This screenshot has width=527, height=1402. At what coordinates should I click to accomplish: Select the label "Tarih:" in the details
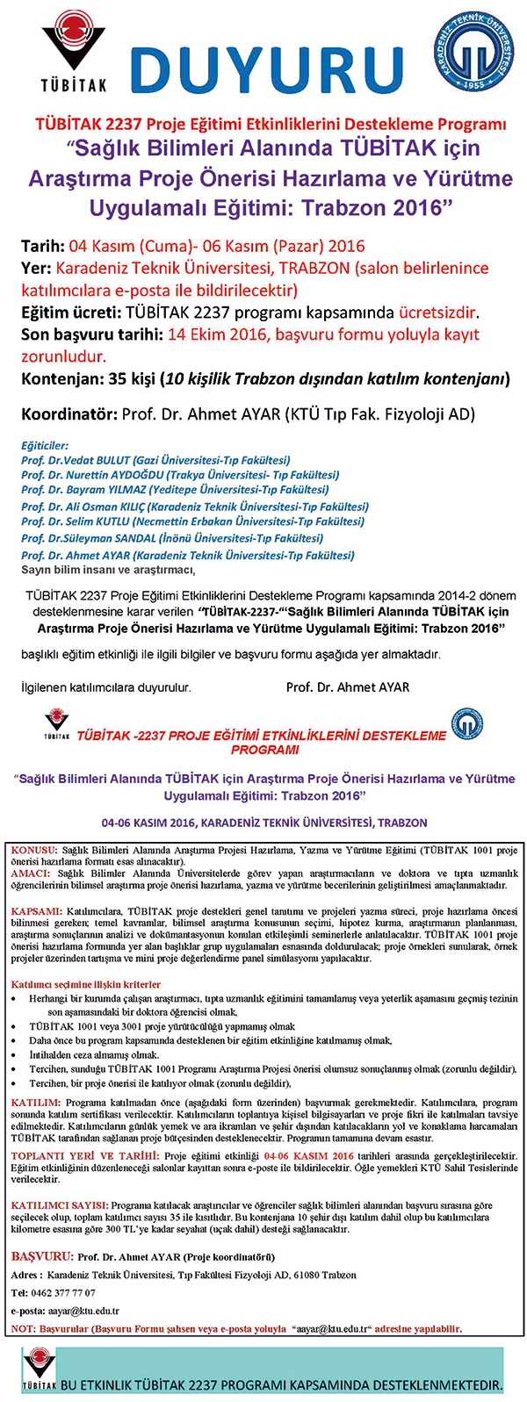point(43,246)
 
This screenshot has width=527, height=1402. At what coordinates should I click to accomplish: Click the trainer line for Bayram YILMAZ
point(175,489)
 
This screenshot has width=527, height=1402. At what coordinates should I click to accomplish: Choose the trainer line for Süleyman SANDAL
point(172,538)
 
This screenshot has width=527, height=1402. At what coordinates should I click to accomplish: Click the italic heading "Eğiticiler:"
point(45,446)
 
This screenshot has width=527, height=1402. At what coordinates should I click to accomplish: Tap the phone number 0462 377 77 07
point(66,1292)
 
